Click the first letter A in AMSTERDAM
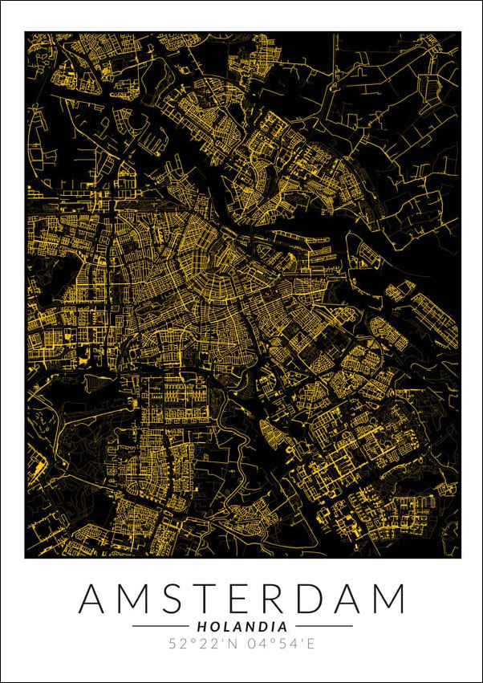96,599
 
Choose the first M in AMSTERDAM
138,599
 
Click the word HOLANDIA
241,626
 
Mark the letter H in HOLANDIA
201,626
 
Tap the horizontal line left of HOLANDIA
160,626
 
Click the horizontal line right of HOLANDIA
323,626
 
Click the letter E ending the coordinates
310,643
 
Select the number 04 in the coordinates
255,643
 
